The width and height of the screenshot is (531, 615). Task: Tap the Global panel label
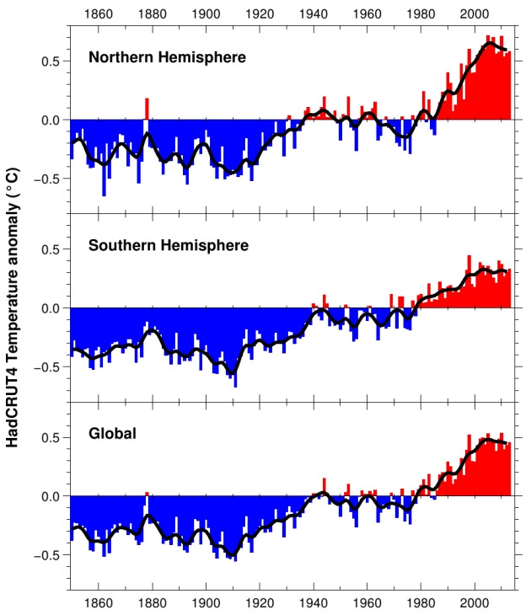click(113, 435)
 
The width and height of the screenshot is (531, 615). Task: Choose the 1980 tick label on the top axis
click(421, 13)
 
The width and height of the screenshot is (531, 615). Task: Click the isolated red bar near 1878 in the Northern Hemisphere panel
click(147, 109)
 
